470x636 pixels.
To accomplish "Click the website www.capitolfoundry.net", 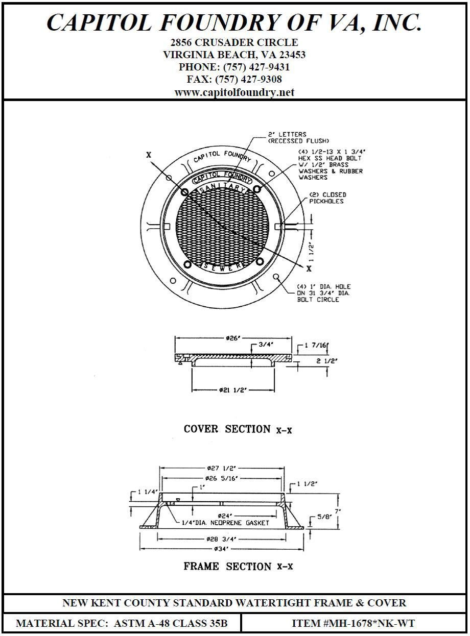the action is pos(234,92).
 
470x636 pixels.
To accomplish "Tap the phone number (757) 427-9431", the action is pos(256,67).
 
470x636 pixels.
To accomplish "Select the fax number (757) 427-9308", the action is pos(248,79).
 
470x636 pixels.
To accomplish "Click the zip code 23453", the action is pos(293,55).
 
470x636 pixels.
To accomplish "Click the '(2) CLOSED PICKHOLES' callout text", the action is pos(327,198).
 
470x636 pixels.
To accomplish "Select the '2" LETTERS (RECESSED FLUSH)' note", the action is pos(298,138).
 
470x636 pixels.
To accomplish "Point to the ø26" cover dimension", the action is pos(232,338).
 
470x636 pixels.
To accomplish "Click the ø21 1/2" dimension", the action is pos(233,390).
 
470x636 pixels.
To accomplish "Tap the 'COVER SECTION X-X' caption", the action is pos(238,429).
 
